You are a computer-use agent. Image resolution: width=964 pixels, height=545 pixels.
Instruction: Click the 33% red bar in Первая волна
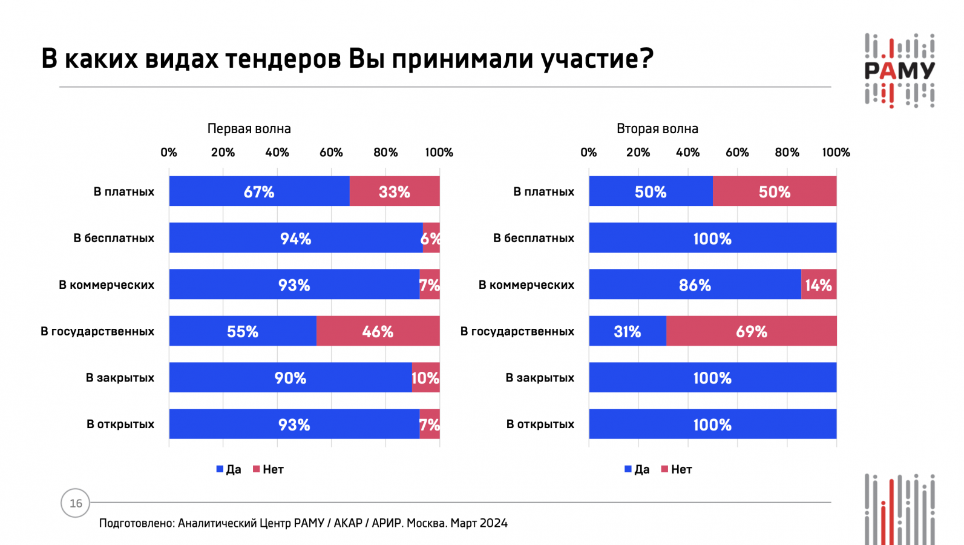pyautogui.click(x=395, y=191)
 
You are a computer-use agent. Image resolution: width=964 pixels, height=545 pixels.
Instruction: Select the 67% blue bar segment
pyautogui.click(x=259, y=191)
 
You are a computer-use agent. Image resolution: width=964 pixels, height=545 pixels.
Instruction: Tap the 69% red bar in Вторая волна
pyautogui.click(x=752, y=331)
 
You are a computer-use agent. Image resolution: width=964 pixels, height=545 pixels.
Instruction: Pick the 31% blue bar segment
pyautogui.click(x=628, y=331)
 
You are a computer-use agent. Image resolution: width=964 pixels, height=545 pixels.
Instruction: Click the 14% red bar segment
pyautogui.click(x=819, y=285)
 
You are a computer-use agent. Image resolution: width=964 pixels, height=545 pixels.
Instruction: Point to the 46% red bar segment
pyautogui.click(x=378, y=331)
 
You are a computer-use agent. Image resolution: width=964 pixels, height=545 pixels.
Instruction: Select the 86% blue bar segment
pyautogui.click(x=695, y=285)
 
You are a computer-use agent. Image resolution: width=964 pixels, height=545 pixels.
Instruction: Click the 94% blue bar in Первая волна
pyautogui.click(x=295, y=238)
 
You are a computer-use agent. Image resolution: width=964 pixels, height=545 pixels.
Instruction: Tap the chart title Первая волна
pyautogui.click(x=249, y=128)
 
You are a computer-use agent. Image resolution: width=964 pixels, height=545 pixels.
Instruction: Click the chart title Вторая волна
pyautogui.click(x=657, y=128)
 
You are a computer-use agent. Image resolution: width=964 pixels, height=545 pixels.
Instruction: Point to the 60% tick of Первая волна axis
pyautogui.click(x=331, y=153)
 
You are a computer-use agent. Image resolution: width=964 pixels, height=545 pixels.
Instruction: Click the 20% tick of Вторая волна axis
pyautogui.click(x=638, y=153)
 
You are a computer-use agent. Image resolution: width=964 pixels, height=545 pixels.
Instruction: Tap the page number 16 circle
pyautogui.click(x=76, y=503)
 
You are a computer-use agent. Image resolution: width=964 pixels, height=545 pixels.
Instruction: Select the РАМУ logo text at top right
pyautogui.click(x=900, y=71)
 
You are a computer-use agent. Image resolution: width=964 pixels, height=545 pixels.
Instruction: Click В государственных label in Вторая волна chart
pyautogui.click(x=517, y=331)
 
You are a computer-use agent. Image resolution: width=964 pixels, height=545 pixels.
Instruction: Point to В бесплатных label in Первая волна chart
pyautogui.click(x=114, y=238)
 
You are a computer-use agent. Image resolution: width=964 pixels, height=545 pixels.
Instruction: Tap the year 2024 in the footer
pyautogui.click(x=493, y=523)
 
